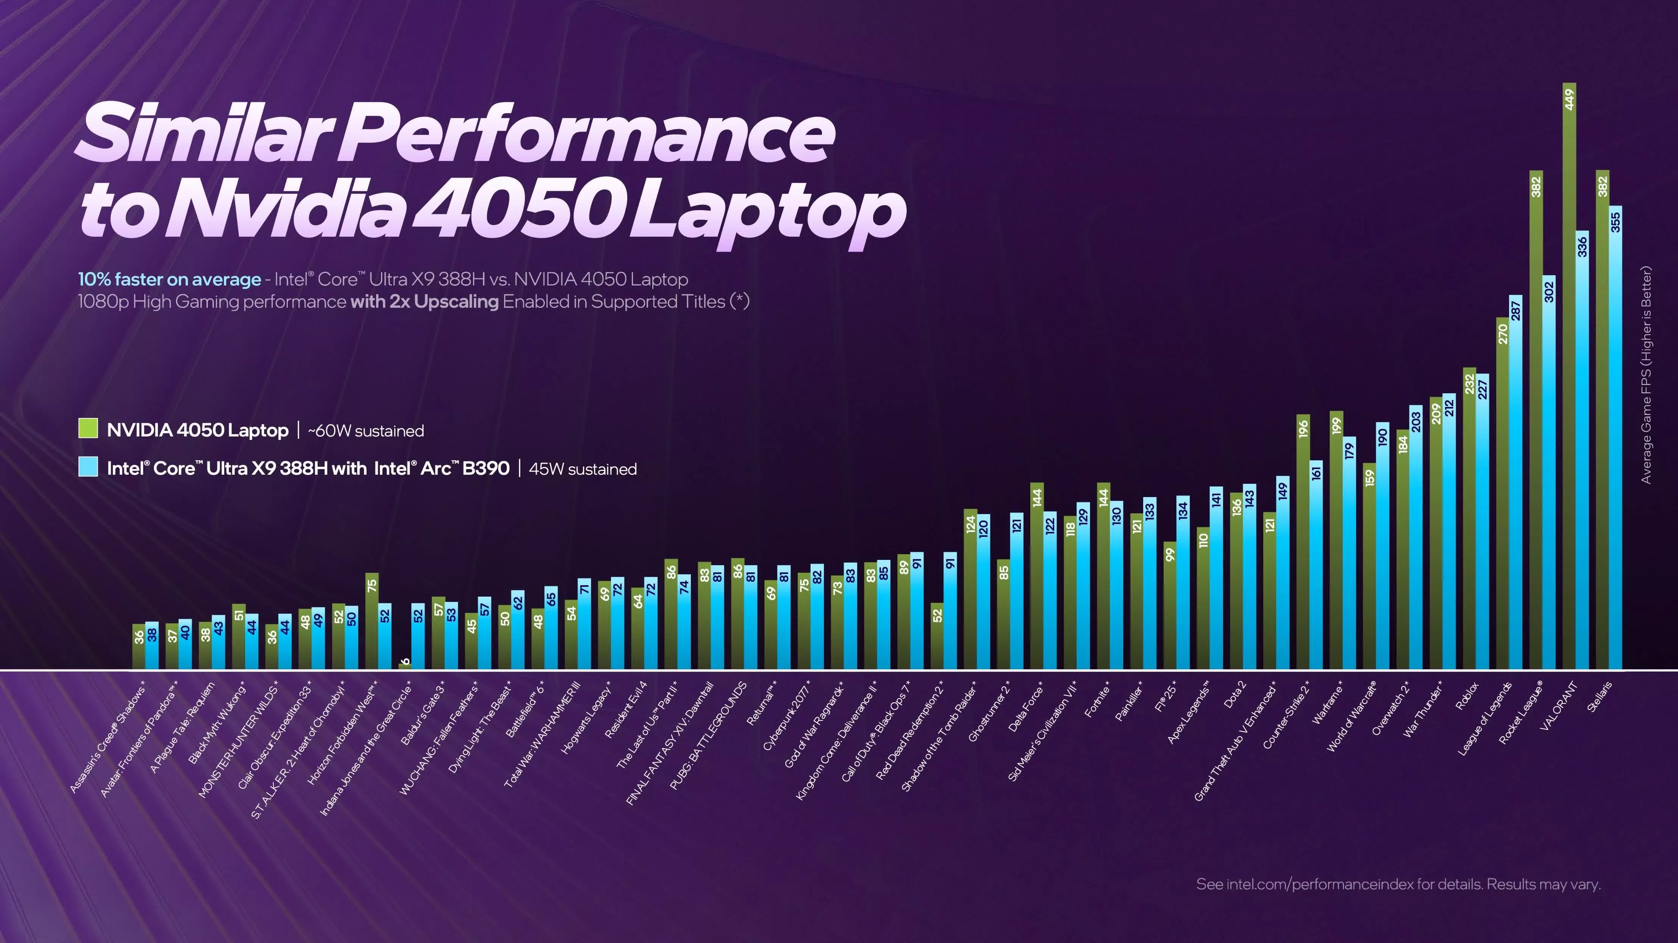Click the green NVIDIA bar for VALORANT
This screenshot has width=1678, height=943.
tap(1569, 391)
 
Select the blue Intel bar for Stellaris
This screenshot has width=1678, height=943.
tap(1616, 443)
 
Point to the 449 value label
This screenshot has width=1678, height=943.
tap(1569, 100)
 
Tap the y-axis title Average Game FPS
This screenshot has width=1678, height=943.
tap(1646, 374)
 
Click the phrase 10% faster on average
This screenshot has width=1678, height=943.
tap(169, 279)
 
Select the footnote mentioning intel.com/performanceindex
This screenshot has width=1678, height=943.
tap(1398, 884)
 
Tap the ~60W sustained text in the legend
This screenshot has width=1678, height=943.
tap(366, 431)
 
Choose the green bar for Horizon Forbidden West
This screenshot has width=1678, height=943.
tap(371, 622)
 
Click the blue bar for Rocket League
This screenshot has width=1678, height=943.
tap(1549, 475)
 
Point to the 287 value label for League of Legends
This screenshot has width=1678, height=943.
tap(1516, 311)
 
